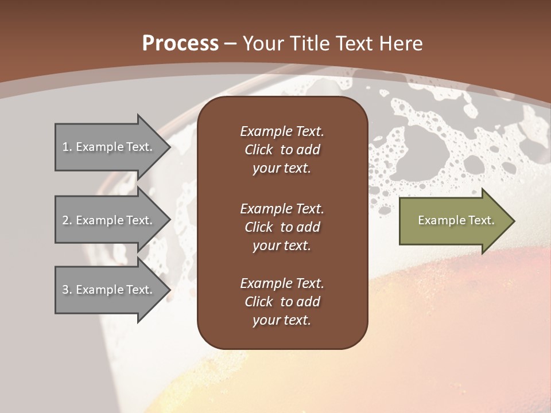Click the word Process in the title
coord(180,44)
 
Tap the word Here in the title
coord(401,44)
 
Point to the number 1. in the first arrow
coord(67,147)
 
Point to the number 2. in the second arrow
coord(67,220)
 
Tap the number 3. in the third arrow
coord(67,290)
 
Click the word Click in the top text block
coord(259,150)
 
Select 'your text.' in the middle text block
coord(282,246)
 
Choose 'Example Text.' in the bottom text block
coord(282,283)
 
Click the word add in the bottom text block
coord(309,302)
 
